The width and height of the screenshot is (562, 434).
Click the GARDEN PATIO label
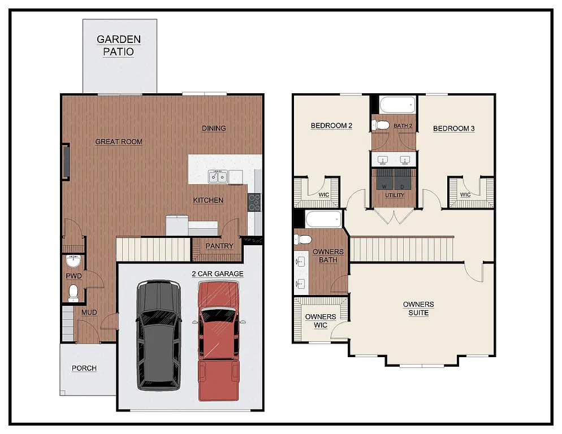(x=119, y=45)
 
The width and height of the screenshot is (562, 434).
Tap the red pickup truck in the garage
(x=219, y=339)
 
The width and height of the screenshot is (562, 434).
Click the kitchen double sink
(x=218, y=177)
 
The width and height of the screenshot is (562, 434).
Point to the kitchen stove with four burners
(x=254, y=202)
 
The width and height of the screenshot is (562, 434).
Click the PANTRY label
(x=219, y=246)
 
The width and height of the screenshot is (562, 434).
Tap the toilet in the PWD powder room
(x=73, y=292)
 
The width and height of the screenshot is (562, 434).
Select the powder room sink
(x=73, y=262)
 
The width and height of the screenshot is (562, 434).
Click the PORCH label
(x=84, y=368)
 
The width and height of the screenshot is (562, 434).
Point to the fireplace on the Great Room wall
(x=66, y=162)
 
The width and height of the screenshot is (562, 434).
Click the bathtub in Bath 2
(x=398, y=105)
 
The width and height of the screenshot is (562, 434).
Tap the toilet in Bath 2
(x=381, y=125)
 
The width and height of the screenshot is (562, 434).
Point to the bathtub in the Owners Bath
(x=323, y=219)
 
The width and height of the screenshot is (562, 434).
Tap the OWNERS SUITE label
(x=418, y=309)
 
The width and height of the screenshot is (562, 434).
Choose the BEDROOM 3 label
(x=453, y=128)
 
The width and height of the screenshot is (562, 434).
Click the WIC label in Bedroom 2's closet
(x=324, y=195)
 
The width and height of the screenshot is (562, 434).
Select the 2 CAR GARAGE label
(x=218, y=274)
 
